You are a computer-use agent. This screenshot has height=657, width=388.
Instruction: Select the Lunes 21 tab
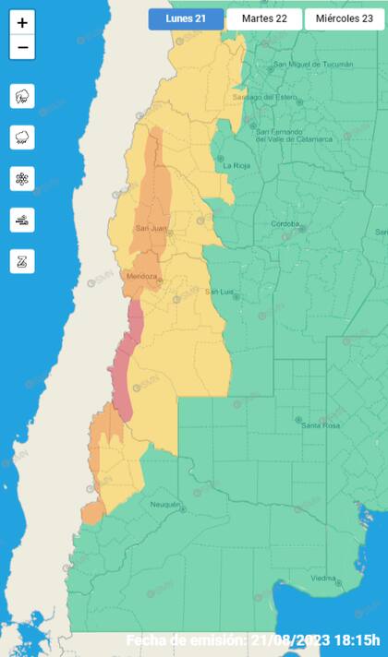point(186,18)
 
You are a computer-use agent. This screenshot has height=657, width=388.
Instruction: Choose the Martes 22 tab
point(264,18)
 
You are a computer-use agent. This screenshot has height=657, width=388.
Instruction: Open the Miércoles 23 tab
point(344,18)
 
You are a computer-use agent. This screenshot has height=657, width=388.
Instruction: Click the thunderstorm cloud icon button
point(22,96)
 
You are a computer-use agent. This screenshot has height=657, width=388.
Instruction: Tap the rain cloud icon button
point(22,137)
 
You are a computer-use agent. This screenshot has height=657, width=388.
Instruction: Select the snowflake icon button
point(22,178)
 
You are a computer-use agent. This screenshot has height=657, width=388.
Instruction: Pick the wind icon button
point(22,220)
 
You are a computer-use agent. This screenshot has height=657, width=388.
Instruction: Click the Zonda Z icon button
point(22,261)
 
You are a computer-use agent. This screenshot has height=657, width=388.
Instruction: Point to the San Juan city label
point(150,228)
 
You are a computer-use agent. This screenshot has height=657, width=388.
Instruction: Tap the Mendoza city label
point(141,277)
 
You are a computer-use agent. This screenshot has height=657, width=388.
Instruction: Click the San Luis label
point(220,293)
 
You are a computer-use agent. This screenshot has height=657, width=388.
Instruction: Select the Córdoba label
point(285,224)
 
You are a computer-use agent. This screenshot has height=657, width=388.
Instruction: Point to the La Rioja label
point(236,165)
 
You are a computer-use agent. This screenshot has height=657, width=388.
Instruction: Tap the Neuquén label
point(164,505)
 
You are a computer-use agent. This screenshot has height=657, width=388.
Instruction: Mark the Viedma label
point(323,578)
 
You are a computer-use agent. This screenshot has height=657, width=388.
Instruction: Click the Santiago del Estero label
point(262,97)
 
